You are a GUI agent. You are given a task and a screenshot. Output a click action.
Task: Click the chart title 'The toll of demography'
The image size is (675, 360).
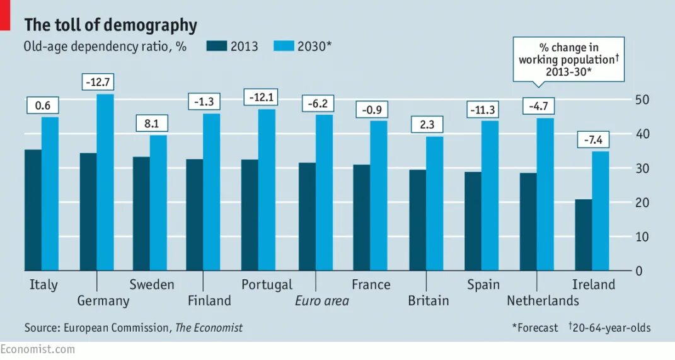pos(110,25)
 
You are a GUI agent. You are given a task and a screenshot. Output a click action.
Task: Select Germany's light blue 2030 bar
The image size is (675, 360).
pos(105,183)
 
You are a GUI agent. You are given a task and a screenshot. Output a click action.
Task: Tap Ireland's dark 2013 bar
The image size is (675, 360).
pos(584,235)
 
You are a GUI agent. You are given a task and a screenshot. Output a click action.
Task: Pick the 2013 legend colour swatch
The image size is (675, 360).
pos(216,46)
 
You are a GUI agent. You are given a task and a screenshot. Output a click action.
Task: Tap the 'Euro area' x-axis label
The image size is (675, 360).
pos(322,301)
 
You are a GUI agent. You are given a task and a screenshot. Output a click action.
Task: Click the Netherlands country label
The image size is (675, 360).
pos(543,301)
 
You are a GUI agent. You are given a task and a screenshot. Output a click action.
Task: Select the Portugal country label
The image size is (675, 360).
pos(267,284)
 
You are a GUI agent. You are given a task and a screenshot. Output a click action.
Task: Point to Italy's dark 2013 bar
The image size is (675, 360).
pos(33,210)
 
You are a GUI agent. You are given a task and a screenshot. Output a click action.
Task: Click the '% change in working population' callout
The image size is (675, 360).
pos(568,60)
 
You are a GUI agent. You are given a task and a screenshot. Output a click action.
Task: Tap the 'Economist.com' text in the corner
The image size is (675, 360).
pos(38,349)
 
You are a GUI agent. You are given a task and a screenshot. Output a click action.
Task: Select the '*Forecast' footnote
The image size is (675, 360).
pos(535,328)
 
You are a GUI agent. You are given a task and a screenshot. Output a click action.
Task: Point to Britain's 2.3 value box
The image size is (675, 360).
pos(427,124)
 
